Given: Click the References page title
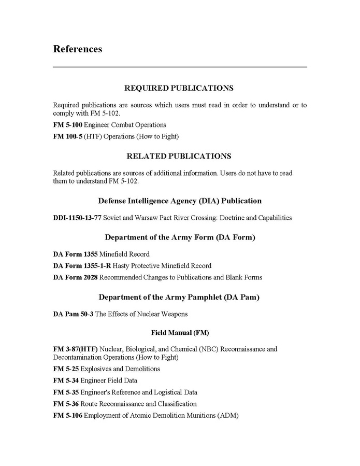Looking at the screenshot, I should (77, 49).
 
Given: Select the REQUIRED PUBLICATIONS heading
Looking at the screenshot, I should (179, 88).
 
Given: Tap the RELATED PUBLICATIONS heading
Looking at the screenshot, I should (179, 156).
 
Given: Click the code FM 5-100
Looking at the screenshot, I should (67, 125).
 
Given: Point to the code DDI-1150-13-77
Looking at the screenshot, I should (77, 218).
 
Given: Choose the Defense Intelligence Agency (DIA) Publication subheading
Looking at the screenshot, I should (179, 201).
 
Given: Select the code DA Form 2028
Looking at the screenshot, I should (75, 277).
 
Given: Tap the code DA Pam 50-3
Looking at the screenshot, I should (73, 314).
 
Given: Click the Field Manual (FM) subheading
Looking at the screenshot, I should (179, 332).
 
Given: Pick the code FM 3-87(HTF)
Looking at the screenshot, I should (76, 349).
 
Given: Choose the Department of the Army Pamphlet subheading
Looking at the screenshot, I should (179, 297).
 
